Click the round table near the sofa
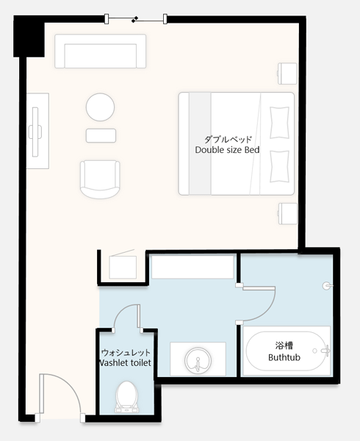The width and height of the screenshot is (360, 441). click(x=100, y=107)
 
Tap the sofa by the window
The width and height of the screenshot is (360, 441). click(x=101, y=51)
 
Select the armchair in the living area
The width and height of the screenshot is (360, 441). click(x=100, y=179)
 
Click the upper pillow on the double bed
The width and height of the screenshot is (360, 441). click(x=279, y=123)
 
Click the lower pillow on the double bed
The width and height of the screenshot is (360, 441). click(x=279, y=167)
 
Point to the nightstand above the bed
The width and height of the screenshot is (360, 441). click(x=287, y=73)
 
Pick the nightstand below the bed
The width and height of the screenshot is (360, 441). click(x=287, y=214)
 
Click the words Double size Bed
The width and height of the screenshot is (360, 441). click(x=227, y=150)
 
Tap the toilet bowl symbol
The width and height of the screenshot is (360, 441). click(x=127, y=398)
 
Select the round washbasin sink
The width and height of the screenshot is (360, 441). click(x=198, y=361)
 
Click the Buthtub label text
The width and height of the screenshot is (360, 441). click(x=284, y=357)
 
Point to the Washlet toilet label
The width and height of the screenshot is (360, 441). click(x=126, y=363)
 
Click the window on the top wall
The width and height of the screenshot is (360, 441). click(x=136, y=19)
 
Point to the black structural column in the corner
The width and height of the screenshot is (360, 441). click(x=29, y=36)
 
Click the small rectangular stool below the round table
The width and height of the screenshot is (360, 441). click(x=101, y=135)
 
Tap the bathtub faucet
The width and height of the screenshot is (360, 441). click(x=325, y=351)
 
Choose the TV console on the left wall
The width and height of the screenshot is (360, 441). click(x=37, y=131)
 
